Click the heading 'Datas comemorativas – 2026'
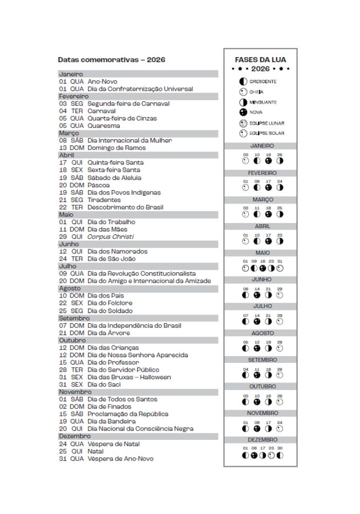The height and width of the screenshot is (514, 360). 111,60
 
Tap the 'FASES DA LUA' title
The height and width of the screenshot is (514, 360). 260,60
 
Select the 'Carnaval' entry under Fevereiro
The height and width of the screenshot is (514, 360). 101,111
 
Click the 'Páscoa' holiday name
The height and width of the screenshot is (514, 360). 98,185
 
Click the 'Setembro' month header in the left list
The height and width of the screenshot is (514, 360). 74,318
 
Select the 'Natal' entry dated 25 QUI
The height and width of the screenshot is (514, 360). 95,451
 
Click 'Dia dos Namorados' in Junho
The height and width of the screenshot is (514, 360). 117,251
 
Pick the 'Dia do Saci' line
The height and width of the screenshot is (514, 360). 104,384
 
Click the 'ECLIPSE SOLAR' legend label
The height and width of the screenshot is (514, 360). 266,134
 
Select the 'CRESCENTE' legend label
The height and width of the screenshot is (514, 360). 263,82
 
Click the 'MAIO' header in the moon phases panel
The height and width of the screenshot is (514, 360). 262,253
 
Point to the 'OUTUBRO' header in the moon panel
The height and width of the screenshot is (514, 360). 262,387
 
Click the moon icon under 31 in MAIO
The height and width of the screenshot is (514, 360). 280,268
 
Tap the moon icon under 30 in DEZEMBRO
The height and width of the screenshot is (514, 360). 279,455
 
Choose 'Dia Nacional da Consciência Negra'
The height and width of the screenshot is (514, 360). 140,429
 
